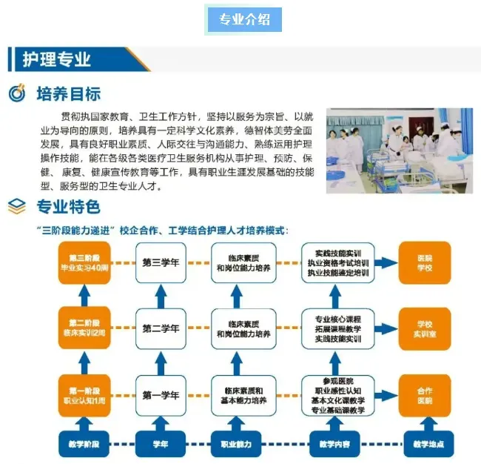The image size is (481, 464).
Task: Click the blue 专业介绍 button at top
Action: click(x=244, y=20)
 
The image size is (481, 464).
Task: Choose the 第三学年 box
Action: click(x=161, y=263)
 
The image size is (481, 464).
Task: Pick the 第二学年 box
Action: click(x=161, y=328)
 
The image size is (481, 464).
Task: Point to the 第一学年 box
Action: click(x=161, y=395)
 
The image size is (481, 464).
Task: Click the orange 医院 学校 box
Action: click(x=424, y=263)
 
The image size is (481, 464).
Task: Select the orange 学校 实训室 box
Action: click(x=424, y=328)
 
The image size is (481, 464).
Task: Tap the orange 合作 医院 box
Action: click(x=424, y=395)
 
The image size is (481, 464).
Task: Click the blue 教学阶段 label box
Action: click(x=85, y=443)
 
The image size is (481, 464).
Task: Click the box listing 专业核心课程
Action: click(x=340, y=328)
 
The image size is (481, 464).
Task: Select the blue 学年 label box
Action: click(x=161, y=443)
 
